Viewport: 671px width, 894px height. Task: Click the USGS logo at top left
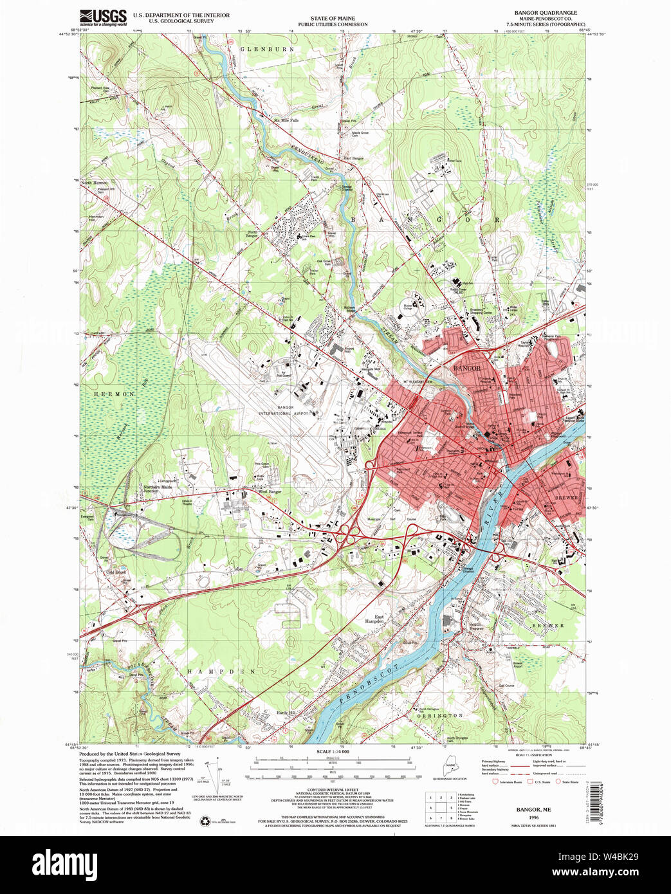click(103, 17)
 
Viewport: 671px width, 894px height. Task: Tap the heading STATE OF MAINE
click(332, 19)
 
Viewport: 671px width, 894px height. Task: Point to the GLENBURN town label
click(268, 49)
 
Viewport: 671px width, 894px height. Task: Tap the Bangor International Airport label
click(285, 411)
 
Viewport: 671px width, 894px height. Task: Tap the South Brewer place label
click(475, 626)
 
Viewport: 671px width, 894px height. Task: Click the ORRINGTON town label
click(440, 715)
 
